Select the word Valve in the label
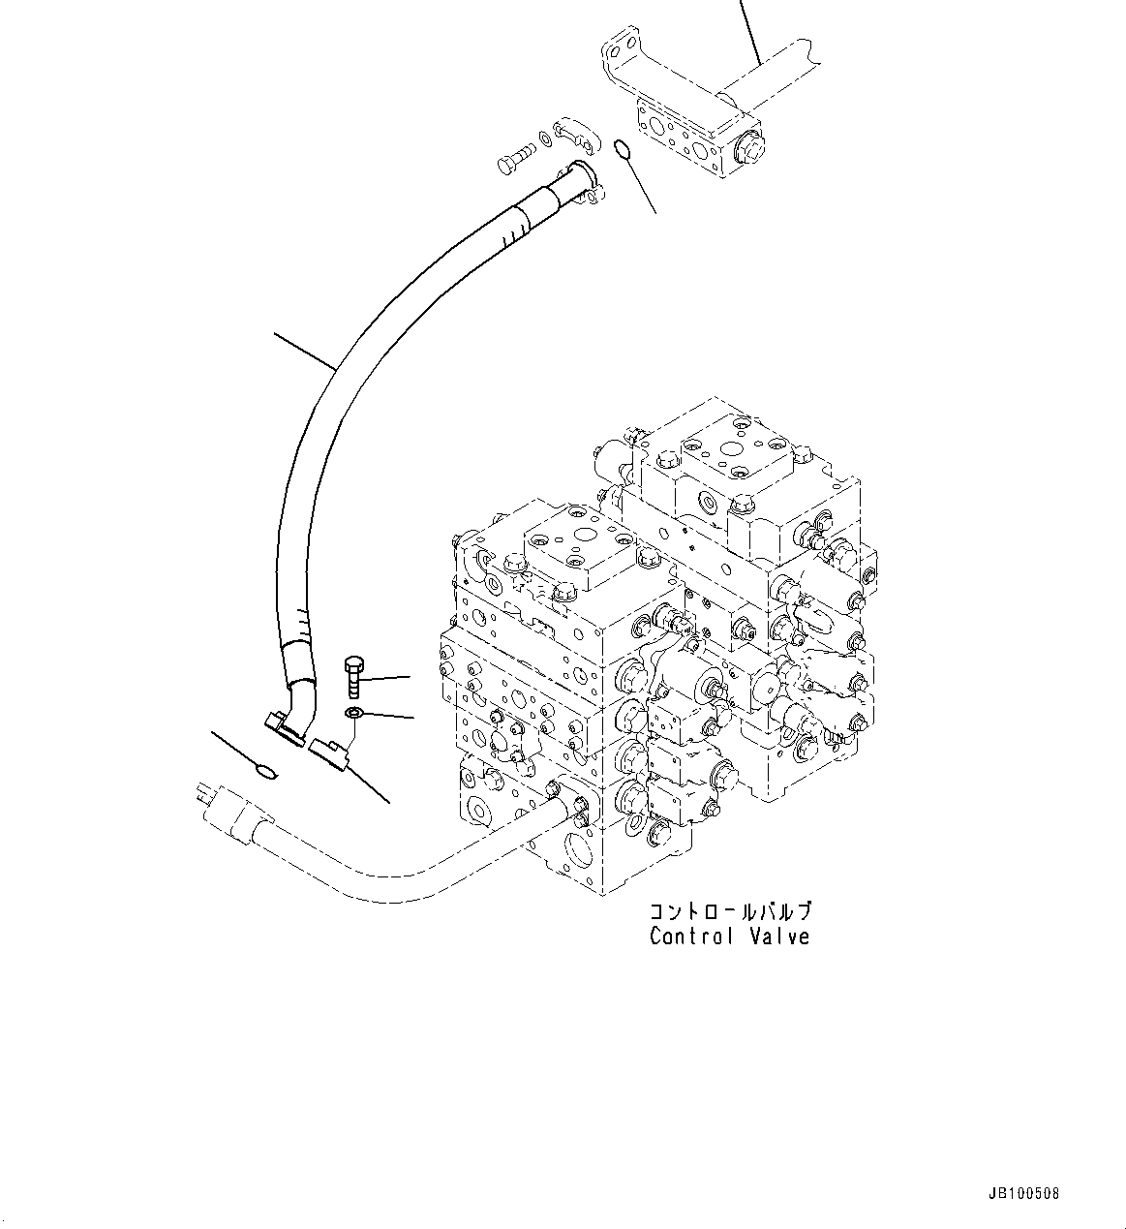pyautogui.click(x=780, y=937)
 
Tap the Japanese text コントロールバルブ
pyautogui.click(x=730, y=911)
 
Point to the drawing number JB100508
pyautogui.click(x=1024, y=1193)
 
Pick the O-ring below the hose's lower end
pyautogui.click(x=263, y=771)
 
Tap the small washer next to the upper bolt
pyautogui.click(x=547, y=142)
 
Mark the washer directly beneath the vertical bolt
pyautogui.click(x=354, y=715)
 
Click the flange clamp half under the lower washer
pyautogui.click(x=329, y=753)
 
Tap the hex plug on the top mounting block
pyautogui.click(x=749, y=149)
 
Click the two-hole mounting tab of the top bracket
pyautogui.click(x=619, y=49)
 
